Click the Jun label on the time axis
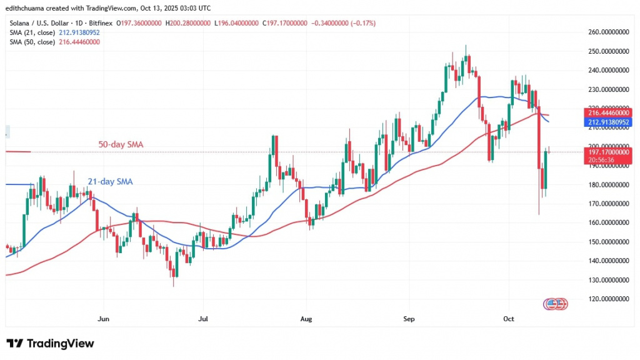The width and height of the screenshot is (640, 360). [104, 319]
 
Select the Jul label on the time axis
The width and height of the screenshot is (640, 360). [202, 319]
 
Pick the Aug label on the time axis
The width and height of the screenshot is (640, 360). [305, 319]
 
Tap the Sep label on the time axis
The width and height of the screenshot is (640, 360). [408, 319]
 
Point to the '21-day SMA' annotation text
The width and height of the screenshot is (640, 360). [110, 182]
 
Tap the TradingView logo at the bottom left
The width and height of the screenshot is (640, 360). [50, 343]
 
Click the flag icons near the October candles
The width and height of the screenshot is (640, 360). [555, 304]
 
